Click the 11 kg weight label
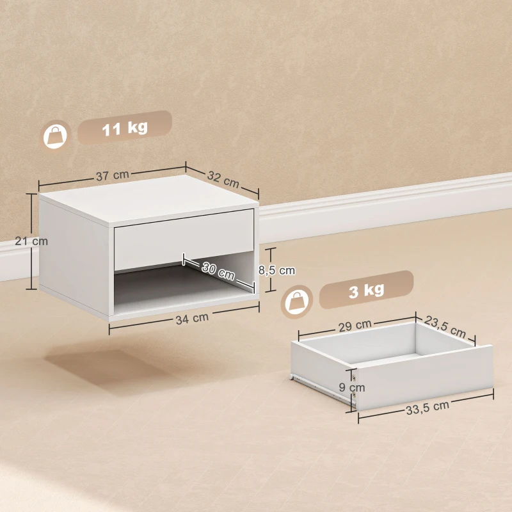click(x=125, y=127)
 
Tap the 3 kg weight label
click(x=367, y=291)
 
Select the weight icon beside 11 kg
click(x=56, y=135)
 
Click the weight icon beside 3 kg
click(x=297, y=300)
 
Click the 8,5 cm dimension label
click(x=276, y=270)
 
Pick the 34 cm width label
click(x=192, y=317)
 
